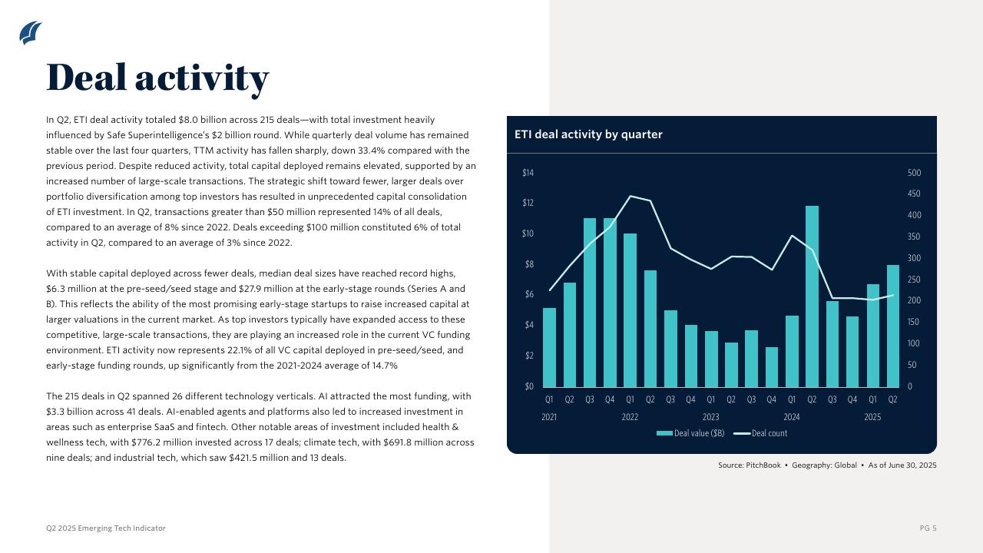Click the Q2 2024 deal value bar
812,296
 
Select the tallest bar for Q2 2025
893,326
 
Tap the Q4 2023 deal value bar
772,367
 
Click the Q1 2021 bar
549,347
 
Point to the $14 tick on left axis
528,173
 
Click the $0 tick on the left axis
528,386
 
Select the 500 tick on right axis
914,173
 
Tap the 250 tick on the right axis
914,280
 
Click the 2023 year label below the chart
710,417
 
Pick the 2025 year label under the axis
872,417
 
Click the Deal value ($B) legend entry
690,433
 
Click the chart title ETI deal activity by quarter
588,134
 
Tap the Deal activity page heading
157,77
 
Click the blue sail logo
30,33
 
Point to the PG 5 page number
928,528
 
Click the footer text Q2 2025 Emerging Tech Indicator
106,528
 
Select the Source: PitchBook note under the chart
827,465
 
